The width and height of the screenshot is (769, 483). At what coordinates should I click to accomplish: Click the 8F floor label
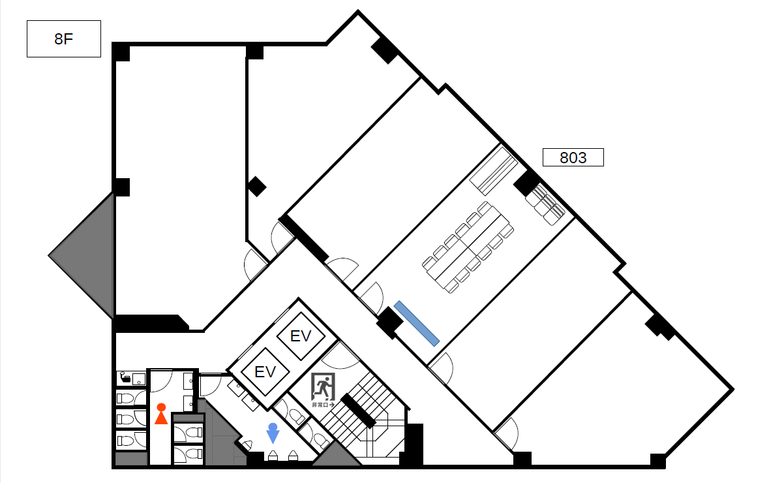click(x=64, y=39)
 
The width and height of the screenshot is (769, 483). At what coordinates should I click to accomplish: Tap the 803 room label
click(x=573, y=157)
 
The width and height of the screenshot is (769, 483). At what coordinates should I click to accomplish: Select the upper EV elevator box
click(x=301, y=336)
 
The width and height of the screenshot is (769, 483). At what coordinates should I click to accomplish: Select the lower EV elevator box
click(x=265, y=371)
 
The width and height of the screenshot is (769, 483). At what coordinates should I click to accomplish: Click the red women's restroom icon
click(x=161, y=414)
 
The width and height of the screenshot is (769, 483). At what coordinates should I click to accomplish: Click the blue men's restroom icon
click(x=273, y=433)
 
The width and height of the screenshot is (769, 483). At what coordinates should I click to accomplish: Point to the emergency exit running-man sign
click(x=324, y=387)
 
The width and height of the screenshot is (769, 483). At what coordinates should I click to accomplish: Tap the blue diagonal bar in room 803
click(x=416, y=324)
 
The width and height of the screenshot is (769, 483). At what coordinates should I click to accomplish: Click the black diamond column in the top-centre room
click(x=256, y=187)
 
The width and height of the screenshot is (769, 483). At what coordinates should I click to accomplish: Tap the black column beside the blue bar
click(x=389, y=322)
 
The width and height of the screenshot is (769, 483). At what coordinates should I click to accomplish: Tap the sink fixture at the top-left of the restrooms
click(x=132, y=379)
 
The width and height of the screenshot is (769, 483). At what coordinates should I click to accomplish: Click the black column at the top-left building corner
click(x=121, y=52)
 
